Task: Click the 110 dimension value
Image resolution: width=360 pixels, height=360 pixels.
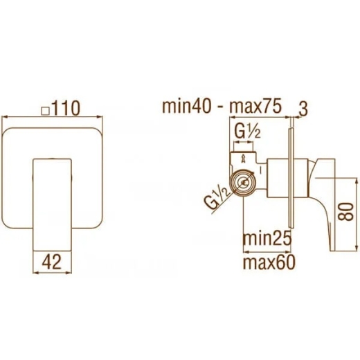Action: point(66,108)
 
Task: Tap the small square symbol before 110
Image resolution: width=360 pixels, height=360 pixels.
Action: point(45,111)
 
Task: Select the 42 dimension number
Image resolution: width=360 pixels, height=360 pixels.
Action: point(52,262)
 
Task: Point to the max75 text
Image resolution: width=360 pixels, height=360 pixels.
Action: point(255,107)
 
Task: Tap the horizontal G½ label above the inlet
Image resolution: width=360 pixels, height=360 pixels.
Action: point(248,132)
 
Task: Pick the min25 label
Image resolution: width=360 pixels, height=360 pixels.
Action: point(267,239)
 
